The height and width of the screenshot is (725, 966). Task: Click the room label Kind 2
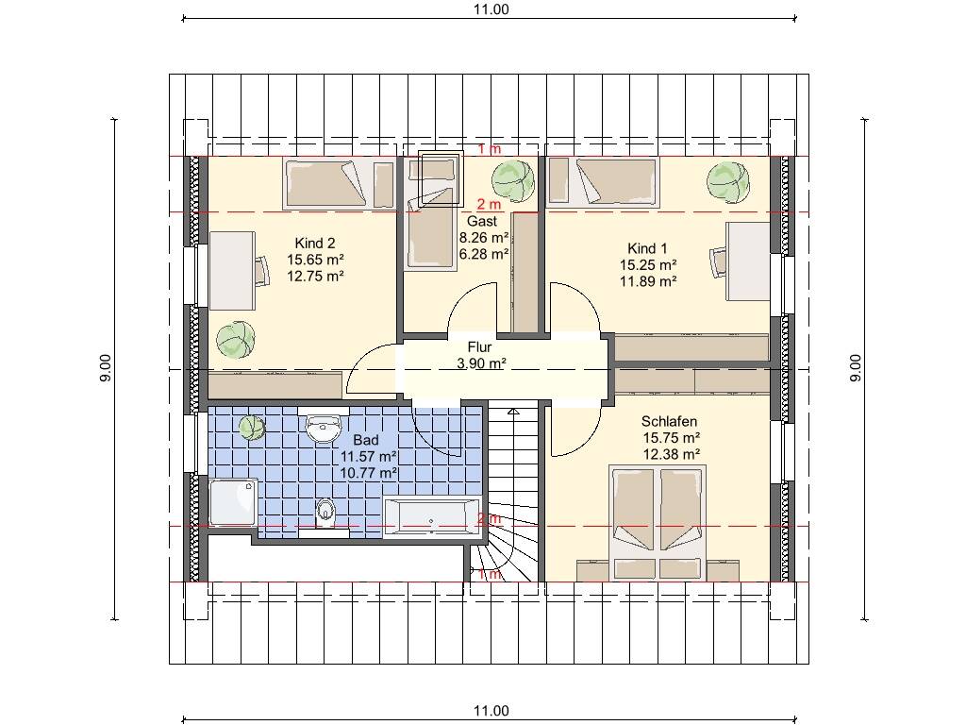315,243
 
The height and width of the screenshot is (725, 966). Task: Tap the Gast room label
482,221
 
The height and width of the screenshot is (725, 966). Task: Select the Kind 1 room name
647,248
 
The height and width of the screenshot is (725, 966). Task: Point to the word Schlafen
669,422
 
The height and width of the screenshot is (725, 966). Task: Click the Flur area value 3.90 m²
482,363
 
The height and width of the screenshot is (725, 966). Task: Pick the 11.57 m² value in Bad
369,457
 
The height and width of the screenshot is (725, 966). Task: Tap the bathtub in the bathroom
432,515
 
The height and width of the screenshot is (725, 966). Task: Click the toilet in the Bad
325,513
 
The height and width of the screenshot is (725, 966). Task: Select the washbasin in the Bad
323,427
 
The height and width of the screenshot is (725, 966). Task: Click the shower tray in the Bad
233,502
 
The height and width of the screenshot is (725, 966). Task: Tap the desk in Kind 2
232,271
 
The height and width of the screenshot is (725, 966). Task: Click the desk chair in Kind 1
718,262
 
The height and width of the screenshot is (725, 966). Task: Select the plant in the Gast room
513,180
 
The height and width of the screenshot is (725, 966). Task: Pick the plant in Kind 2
235,340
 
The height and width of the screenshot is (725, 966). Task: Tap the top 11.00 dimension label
491,9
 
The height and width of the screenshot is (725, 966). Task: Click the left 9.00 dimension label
106,368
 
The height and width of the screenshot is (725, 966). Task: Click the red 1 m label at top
490,148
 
